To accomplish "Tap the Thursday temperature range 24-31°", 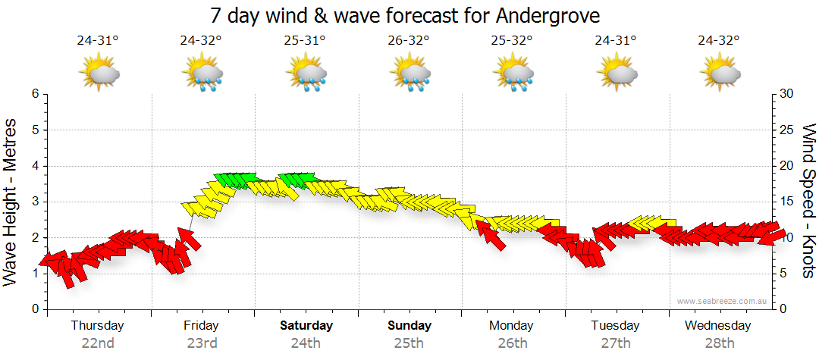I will pyautogui.click(x=98, y=41).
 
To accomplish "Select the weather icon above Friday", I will pyautogui.click(x=202, y=74).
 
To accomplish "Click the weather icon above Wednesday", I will pyautogui.click(x=720, y=74).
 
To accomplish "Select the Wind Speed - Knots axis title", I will pyautogui.click(x=808, y=202).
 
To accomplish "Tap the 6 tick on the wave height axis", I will pyautogui.click(x=34, y=94).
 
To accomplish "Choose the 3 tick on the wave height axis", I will pyautogui.click(x=34, y=202).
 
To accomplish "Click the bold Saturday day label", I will pyautogui.click(x=306, y=326).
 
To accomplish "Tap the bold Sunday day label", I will pyautogui.click(x=409, y=326).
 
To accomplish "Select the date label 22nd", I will pyautogui.click(x=98, y=343).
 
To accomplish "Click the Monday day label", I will pyautogui.click(x=512, y=326).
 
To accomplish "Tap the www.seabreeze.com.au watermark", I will pyautogui.click(x=723, y=301).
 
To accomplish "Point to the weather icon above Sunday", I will pyautogui.click(x=410, y=74).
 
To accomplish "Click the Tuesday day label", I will pyautogui.click(x=615, y=326).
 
